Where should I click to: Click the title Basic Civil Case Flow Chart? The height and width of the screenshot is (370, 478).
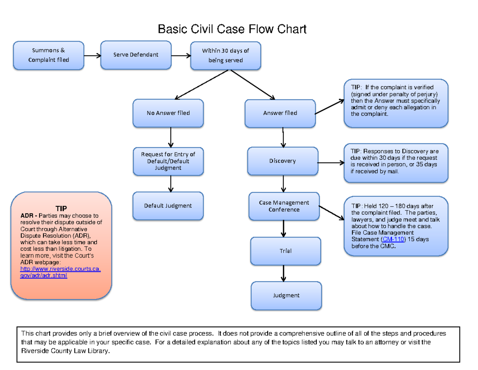pos(232,29)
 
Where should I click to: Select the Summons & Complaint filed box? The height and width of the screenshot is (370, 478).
pos(49,55)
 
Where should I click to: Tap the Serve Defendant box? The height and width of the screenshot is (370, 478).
pos(135,55)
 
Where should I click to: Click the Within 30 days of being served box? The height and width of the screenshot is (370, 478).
pos(225,55)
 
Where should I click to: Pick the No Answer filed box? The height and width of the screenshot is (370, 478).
pos(168,113)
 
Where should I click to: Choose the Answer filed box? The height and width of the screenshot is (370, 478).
pos(280,113)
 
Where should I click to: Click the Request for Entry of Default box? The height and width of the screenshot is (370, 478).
pos(168,161)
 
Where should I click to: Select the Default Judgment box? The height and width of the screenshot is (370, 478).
pos(168,206)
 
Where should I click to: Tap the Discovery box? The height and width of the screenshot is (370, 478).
pos(282,161)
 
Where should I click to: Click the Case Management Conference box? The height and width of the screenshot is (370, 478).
pos(284,206)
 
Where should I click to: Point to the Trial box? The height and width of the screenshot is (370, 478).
pos(286,251)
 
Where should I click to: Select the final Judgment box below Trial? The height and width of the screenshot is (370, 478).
pos(286,296)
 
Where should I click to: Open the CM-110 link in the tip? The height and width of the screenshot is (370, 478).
pos(393,239)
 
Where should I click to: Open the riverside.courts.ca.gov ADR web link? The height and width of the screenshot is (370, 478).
pos(60,272)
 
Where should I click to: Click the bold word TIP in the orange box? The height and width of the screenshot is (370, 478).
pos(61,208)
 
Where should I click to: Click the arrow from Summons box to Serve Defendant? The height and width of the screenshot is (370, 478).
pos(92,55)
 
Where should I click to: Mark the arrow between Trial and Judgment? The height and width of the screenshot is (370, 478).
pos(284,273)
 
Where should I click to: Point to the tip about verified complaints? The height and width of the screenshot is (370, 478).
pos(396,103)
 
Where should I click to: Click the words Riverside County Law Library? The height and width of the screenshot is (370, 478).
pos(65,351)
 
